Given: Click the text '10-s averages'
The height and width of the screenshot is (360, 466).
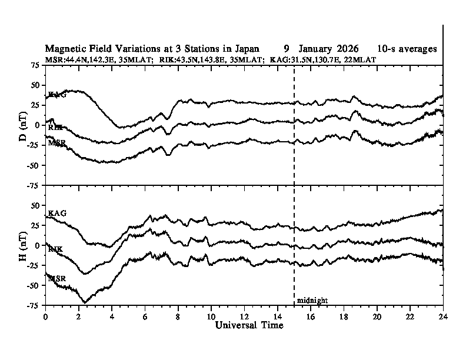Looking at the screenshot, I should click(x=408, y=49).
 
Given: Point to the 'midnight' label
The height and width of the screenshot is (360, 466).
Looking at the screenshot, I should click(x=312, y=301).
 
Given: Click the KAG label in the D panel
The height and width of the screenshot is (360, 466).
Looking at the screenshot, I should click(x=57, y=94).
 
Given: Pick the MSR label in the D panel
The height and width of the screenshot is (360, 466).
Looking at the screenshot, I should click(x=57, y=143).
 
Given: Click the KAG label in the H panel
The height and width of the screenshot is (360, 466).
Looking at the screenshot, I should click(x=57, y=213).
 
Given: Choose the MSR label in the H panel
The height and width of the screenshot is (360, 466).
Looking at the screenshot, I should click(x=57, y=278).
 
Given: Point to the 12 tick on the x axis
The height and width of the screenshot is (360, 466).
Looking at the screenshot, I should click(x=244, y=316).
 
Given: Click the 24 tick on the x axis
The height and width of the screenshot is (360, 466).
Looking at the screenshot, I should click(x=443, y=316).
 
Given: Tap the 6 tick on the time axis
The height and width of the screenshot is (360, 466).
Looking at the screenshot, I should click(x=145, y=316).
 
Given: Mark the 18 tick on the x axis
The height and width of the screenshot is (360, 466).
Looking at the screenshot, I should click(x=344, y=316).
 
